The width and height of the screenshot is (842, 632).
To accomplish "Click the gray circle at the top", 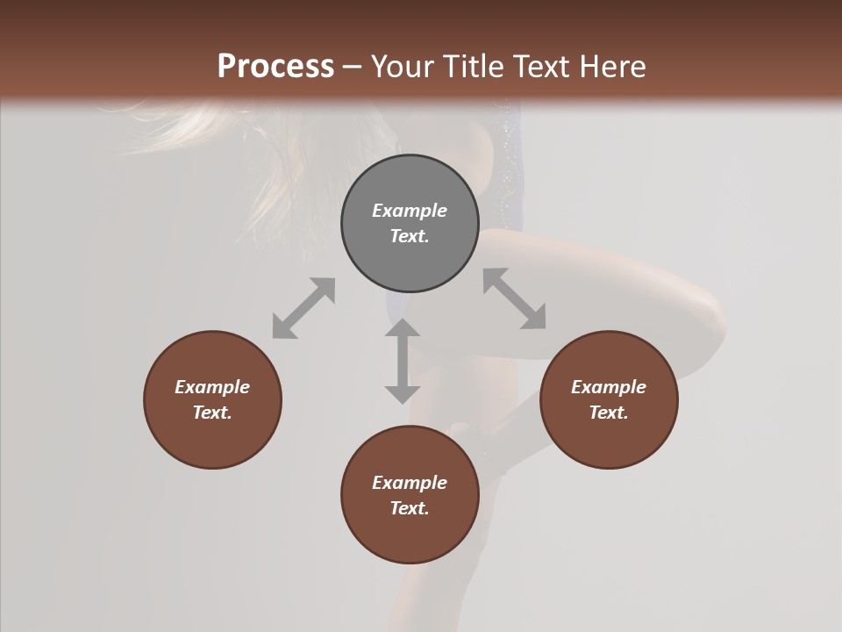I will pyautogui.click(x=410, y=223).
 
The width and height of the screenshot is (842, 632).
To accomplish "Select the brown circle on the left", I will pyautogui.click(x=212, y=399).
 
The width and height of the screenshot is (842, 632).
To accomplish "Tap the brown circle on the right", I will pyautogui.click(x=609, y=399).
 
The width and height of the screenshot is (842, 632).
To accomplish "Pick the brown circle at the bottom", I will pyautogui.click(x=410, y=495).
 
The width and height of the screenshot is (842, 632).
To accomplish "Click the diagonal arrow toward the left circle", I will pyautogui.click(x=303, y=308).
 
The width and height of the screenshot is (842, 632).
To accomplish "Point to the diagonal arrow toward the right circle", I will pyautogui.click(x=515, y=298).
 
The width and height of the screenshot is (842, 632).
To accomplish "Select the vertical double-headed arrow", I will pyautogui.click(x=403, y=361).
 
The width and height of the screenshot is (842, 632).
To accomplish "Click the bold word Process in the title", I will pyautogui.click(x=275, y=66).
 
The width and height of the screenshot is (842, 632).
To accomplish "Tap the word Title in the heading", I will pyautogui.click(x=474, y=66).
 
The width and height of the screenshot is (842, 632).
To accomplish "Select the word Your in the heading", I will pyautogui.click(x=403, y=66).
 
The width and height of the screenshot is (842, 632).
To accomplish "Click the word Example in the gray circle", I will pyautogui.click(x=410, y=211).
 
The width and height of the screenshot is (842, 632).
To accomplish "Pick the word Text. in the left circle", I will pyautogui.click(x=212, y=413).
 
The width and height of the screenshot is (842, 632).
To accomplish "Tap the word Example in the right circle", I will pyautogui.click(x=609, y=387).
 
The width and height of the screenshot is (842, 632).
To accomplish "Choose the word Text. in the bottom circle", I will pyautogui.click(x=410, y=508).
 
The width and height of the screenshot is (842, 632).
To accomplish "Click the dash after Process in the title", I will pyautogui.click(x=353, y=67).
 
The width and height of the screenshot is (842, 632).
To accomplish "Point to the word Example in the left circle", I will pyautogui.click(x=212, y=387).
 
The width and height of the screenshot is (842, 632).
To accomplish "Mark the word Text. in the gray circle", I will pyautogui.click(x=410, y=236).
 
